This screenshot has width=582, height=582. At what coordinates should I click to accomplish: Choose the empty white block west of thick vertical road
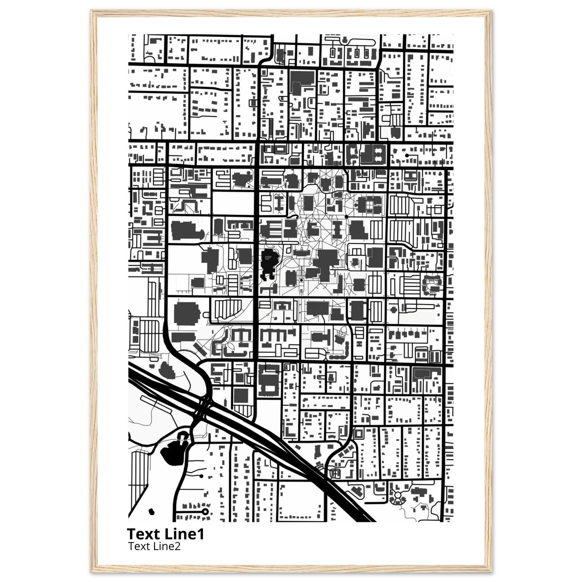tap(233, 202)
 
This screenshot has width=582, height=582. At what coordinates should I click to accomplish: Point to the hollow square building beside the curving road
tap(358, 434)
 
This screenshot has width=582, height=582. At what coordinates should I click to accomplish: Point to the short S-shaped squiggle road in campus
tap(293, 216)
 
